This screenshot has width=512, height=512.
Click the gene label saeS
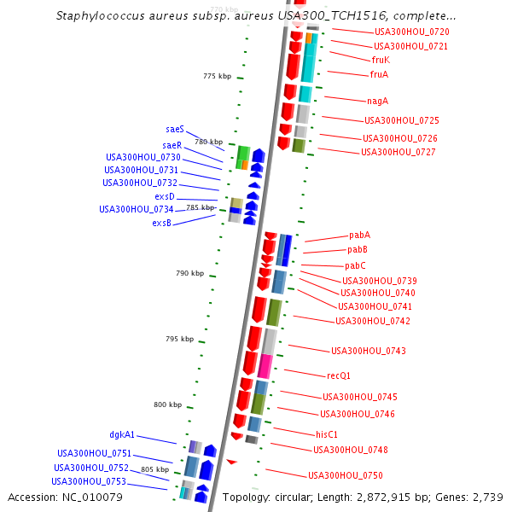pyautogui.click(x=175, y=129)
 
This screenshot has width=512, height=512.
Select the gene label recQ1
pyautogui.click(x=339, y=375)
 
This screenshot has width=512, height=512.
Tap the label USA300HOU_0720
pyautogui.click(x=411, y=32)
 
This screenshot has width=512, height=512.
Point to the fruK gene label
pyautogui.click(x=381, y=60)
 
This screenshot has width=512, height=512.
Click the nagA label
pyautogui.click(x=379, y=101)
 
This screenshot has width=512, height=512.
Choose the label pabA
pyautogui.click(x=359, y=235)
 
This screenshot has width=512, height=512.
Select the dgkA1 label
pyautogui.click(x=122, y=434)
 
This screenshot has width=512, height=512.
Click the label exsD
pyautogui.click(x=165, y=196)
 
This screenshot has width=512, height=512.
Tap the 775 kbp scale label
pyautogui.click(x=218, y=76)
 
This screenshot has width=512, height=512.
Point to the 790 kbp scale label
pyautogui.click(x=190, y=273)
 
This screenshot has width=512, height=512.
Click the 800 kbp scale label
pyautogui.click(x=168, y=404)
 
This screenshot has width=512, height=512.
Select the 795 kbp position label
pyautogui.click(x=179, y=339)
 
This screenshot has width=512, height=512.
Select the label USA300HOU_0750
pyautogui.click(x=346, y=475)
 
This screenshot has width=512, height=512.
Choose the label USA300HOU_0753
pyautogui.click(x=89, y=481)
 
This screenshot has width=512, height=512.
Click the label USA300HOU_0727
pyautogui.click(x=399, y=152)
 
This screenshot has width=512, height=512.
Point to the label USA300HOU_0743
pyautogui.click(x=369, y=351)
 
